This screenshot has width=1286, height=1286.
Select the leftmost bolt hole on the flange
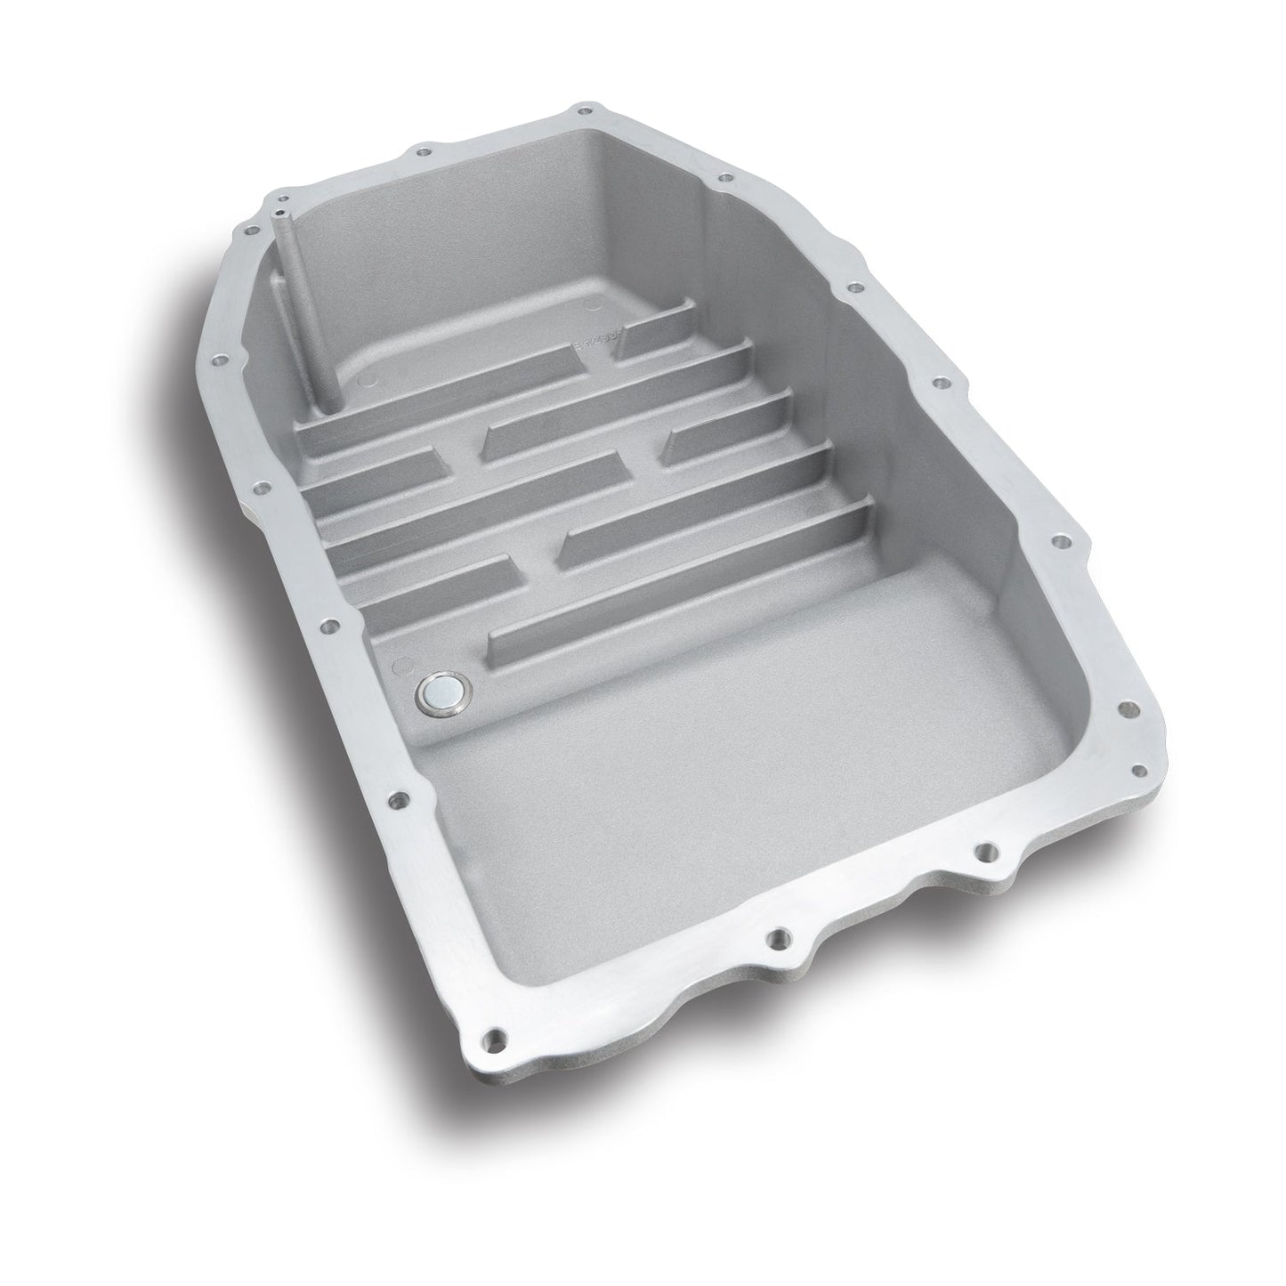(x=216, y=362)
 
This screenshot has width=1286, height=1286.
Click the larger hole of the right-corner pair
(x=1129, y=709)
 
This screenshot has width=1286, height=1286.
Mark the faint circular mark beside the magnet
(x=400, y=664)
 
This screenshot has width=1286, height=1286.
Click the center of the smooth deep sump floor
(x=712, y=792)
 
